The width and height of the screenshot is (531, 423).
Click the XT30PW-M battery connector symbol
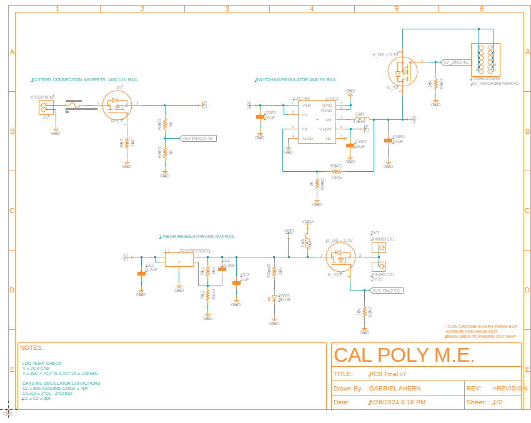click(44, 107)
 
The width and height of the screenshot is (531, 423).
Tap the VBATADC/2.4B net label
click(197, 138)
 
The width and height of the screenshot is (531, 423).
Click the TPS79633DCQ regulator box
click(179, 258)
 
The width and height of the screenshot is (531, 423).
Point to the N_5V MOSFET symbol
click(402, 71)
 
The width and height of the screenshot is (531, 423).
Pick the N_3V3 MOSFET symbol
click(340, 256)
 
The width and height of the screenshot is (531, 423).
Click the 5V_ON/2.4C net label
click(455, 62)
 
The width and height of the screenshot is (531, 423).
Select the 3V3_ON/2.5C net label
click(385, 290)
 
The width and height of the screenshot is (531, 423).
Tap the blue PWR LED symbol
click(274, 298)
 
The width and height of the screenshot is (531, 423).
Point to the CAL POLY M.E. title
click(404, 355)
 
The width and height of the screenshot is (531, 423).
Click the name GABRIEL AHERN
click(395, 388)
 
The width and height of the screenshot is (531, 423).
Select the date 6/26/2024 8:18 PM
click(397, 402)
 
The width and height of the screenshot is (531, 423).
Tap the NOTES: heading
click(31, 347)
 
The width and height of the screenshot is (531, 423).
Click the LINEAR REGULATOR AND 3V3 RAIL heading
click(197, 237)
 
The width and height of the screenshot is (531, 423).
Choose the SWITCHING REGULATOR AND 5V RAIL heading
click(296, 80)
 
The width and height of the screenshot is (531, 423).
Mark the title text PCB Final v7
click(387, 374)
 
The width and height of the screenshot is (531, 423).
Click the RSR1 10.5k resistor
click(336, 171)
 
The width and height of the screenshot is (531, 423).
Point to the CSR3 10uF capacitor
click(389, 141)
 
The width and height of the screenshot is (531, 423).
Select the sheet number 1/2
click(497, 402)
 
